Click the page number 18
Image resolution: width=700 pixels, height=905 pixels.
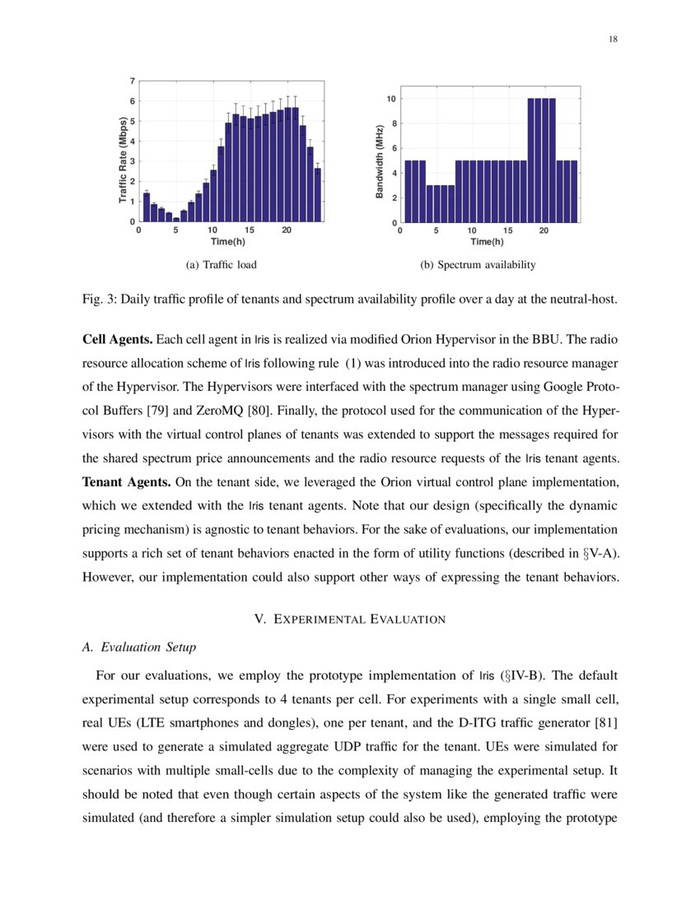[x=614, y=39]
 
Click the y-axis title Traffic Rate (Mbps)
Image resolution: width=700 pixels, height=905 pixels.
[x=123, y=161]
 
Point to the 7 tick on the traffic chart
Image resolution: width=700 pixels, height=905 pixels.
[x=133, y=81]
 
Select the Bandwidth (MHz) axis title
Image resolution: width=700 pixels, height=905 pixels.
[x=380, y=162]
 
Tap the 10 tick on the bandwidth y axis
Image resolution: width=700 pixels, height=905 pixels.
[x=393, y=99]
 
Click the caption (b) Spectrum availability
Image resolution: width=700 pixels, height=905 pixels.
[x=478, y=265]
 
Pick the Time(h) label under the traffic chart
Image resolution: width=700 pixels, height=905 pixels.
[x=227, y=241]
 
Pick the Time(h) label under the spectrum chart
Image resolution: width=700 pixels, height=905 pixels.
[x=487, y=241]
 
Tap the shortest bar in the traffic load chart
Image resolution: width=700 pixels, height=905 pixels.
[x=176, y=219]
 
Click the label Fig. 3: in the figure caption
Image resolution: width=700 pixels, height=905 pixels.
[x=99, y=299]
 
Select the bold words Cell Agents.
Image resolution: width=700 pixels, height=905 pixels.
[x=117, y=340]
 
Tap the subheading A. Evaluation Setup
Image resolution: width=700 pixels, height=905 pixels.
[x=139, y=647]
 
